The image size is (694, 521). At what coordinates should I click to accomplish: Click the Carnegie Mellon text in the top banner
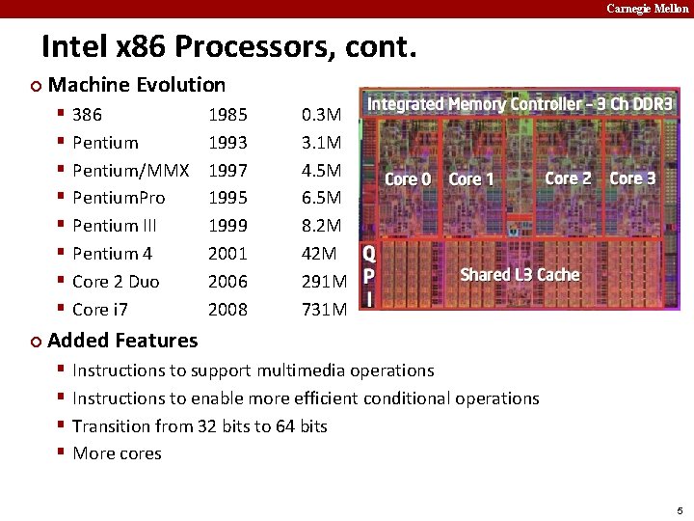tap(647, 9)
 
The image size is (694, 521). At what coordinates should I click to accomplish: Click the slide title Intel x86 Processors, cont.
tap(227, 45)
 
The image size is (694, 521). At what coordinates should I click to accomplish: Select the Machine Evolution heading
tap(136, 85)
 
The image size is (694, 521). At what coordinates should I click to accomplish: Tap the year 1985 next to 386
tap(227, 115)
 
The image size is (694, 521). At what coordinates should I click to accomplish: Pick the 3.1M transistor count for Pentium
tap(321, 143)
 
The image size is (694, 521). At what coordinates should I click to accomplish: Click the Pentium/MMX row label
tap(130, 171)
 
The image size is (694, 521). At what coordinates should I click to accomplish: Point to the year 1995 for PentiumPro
tap(227, 198)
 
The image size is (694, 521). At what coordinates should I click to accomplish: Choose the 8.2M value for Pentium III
tap(321, 226)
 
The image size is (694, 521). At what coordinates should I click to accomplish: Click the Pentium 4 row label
tap(112, 254)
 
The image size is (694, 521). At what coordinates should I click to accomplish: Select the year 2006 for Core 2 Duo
tap(227, 282)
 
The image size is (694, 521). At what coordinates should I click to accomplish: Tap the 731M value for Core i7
tap(324, 310)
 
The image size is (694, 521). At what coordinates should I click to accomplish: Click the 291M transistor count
tap(324, 282)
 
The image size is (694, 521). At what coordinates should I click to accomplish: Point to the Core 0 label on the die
tap(407, 179)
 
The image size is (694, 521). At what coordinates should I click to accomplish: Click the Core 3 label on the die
tap(632, 178)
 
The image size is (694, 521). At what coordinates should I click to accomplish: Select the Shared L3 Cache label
tap(520, 275)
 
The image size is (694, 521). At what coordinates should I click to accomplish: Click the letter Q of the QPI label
tap(367, 255)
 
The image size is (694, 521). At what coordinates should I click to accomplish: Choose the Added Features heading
tap(122, 340)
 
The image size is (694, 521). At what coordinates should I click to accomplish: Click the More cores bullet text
tap(117, 453)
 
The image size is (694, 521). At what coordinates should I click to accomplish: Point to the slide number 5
tap(679, 510)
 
